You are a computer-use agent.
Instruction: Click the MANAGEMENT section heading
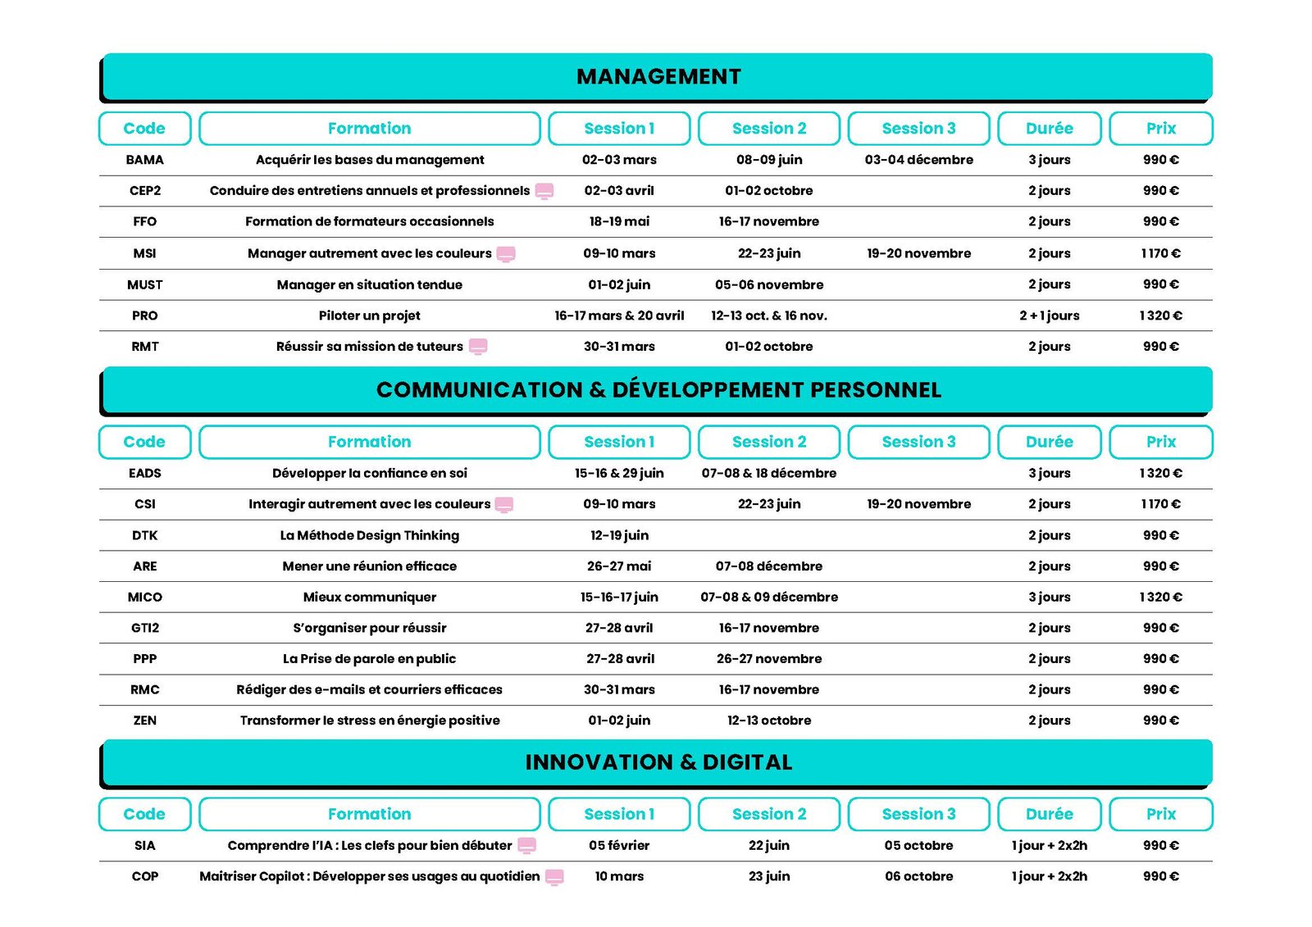(x=658, y=76)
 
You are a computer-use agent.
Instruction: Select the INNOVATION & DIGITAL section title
(x=658, y=762)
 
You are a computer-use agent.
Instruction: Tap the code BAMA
(x=144, y=160)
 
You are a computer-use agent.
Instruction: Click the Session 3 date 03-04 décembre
(x=918, y=160)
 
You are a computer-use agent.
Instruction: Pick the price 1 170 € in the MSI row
(x=1160, y=253)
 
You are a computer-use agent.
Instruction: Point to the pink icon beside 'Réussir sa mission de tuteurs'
(x=478, y=347)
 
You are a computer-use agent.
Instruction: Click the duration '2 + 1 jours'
(x=1049, y=316)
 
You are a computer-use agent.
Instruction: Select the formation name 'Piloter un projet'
(x=369, y=316)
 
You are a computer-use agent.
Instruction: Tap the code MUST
(x=144, y=284)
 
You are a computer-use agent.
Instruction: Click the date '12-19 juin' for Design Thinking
(x=619, y=535)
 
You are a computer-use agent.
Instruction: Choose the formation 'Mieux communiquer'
(x=369, y=597)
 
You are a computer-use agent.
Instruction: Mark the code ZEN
(x=144, y=720)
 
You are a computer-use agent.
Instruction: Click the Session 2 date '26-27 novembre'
(x=768, y=659)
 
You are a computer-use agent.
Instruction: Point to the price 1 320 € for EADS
(x=1160, y=473)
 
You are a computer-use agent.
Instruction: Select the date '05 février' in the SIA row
(x=619, y=845)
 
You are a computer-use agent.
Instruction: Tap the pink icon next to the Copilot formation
(x=554, y=877)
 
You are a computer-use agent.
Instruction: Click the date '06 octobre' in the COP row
(x=918, y=876)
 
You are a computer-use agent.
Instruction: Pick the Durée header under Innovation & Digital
(x=1049, y=814)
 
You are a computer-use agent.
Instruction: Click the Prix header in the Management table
(x=1160, y=129)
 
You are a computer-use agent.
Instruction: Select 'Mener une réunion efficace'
(x=369, y=566)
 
